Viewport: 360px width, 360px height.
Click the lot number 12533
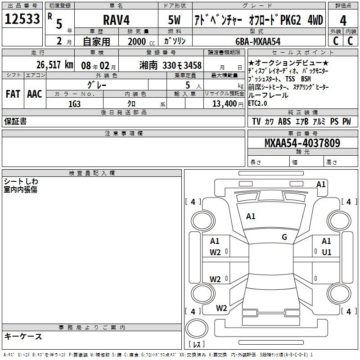click(22, 19)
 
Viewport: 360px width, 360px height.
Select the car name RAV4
click(116, 20)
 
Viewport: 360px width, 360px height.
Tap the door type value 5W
click(174, 20)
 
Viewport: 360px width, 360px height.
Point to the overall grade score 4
click(343, 20)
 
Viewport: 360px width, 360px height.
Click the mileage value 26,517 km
click(55, 65)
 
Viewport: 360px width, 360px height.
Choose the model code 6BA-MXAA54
click(258, 41)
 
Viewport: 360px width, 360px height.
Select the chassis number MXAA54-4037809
click(302, 143)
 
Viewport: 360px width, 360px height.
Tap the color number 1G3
click(74, 104)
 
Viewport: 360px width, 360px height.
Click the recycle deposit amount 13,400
click(224, 104)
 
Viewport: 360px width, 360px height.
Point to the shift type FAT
click(13, 94)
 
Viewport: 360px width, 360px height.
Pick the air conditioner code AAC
click(35, 94)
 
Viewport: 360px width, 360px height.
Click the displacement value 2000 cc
click(141, 42)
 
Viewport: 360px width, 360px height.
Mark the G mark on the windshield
click(284, 237)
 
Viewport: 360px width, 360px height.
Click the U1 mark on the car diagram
click(327, 252)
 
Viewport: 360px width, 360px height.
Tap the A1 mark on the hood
click(251, 216)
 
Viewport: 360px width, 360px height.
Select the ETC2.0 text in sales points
click(257, 103)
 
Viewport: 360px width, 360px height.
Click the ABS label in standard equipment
click(284, 121)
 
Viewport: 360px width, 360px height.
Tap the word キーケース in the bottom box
click(23, 336)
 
